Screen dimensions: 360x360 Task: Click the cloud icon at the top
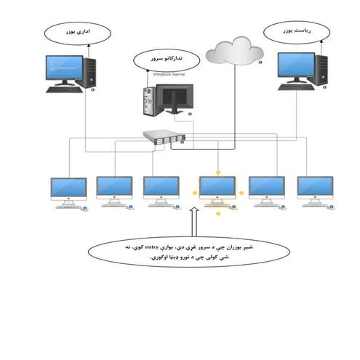point(234,52)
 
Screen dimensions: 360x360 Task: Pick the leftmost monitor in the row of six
point(68,188)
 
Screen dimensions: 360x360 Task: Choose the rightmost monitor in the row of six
point(314,188)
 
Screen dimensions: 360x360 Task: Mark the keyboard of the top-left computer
point(64,89)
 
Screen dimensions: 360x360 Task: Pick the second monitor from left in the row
point(114,188)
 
